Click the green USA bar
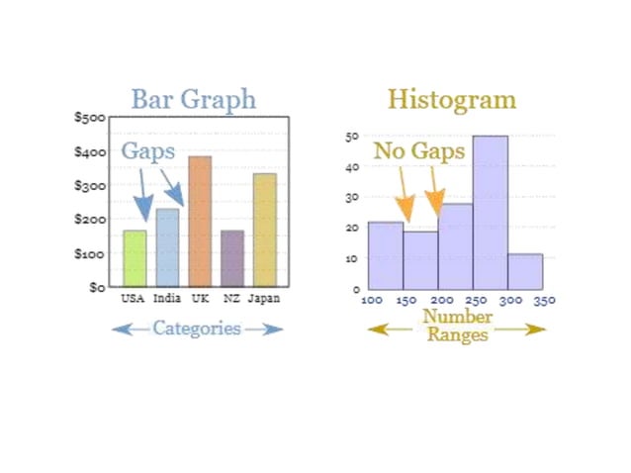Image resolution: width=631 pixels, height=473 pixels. (x=135, y=258)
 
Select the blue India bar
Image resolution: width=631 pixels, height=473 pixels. (x=167, y=247)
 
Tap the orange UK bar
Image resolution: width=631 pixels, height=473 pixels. (x=200, y=222)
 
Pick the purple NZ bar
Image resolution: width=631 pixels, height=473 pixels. (x=232, y=258)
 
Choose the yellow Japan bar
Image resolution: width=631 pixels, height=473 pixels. (x=264, y=230)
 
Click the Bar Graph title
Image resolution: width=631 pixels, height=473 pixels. (x=193, y=100)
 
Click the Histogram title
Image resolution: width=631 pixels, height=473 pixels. (x=451, y=100)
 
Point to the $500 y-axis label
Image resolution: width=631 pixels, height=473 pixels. (x=90, y=117)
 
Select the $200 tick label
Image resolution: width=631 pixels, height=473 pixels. (x=90, y=219)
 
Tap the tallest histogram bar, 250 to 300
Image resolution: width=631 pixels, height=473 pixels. (x=490, y=212)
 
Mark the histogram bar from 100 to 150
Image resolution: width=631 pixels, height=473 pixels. (x=385, y=254)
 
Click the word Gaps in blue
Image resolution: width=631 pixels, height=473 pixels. (x=148, y=152)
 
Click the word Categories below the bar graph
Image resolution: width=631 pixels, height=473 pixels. (x=196, y=329)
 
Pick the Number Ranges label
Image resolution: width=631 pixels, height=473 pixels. (x=456, y=326)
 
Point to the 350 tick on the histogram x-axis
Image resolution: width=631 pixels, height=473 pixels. (x=544, y=300)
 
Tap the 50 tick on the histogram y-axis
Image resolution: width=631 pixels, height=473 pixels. (x=351, y=137)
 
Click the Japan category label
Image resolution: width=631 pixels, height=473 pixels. (x=263, y=298)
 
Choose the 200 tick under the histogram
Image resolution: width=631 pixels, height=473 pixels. (x=442, y=300)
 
